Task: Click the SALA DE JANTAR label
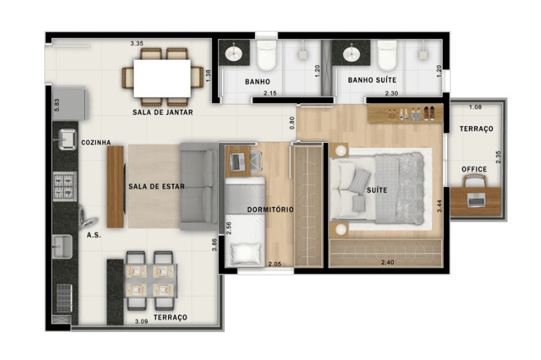[x=163, y=112]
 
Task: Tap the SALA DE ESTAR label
[x=156, y=186]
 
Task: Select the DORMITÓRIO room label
[x=270, y=209]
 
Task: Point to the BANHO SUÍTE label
[x=372, y=80]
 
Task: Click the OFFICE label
[x=474, y=169]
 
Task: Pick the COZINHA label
[x=96, y=142]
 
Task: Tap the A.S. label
[x=93, y=235]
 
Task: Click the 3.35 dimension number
[x=137, y=43]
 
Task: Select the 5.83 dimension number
[x=57, y=105]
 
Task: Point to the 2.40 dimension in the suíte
[x=388, y=263]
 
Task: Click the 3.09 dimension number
[x=142, y=321]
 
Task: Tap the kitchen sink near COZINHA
[x=67, y=139]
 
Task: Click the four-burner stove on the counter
[x=64, y=186]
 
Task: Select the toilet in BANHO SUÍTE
[x=387, y=55]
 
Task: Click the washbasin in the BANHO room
[x=234, y=53]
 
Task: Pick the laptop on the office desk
[x=476, y=200]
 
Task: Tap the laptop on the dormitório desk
[x=238, y=162]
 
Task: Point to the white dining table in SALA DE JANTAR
[x=162, y=78]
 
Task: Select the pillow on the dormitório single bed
[x=246, y=254]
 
